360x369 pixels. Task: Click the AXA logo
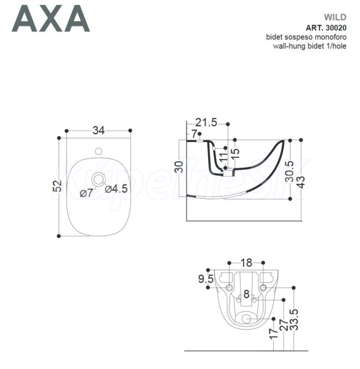[51, 18]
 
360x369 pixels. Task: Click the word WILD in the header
[335, 17]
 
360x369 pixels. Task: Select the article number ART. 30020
[326, 28]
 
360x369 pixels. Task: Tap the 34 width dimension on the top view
[98, 130]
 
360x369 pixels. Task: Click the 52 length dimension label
[57, 186]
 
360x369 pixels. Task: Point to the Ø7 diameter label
[87, 193]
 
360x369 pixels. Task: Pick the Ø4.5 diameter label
[116, 189]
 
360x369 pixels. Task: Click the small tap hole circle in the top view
[98, 151]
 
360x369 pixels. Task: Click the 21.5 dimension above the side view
[206, 122]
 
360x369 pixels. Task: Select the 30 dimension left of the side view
[179, 167]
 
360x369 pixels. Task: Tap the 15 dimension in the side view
[236, 154]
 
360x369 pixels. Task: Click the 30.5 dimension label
[290, 172]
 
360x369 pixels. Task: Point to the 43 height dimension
[301, 182]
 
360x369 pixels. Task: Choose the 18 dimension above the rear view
[247, 263]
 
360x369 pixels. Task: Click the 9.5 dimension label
[206, 279]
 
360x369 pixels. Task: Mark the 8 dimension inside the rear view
[246, 294]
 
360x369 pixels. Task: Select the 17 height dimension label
[274, 333]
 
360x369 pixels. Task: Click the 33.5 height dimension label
[294, 320]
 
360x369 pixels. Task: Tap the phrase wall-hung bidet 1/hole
[310, 46]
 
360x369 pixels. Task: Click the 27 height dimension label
[284, 325]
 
